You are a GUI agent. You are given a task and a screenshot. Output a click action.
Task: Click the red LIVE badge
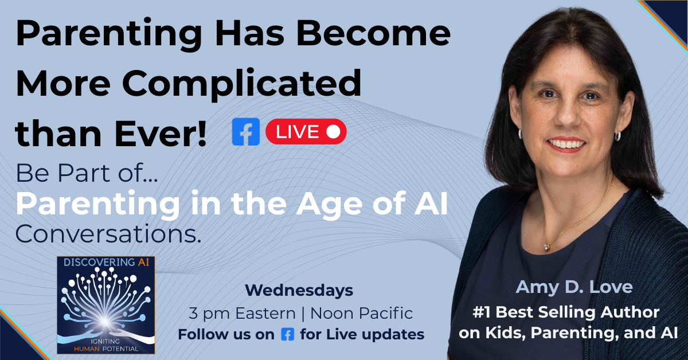point(306,132)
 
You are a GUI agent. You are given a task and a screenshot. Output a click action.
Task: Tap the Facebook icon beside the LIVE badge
point(246,132)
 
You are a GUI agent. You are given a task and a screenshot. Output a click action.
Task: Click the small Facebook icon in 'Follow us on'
point(287,334)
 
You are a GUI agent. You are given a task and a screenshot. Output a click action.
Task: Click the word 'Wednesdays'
point(299,291)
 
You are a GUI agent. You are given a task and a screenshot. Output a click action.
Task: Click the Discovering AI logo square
point(105,304)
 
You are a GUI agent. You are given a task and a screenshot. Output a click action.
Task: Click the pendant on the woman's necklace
point(546,246)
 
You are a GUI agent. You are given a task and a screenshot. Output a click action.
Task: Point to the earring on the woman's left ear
point(617,136)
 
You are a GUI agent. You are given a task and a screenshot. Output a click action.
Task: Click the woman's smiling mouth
point(568,144)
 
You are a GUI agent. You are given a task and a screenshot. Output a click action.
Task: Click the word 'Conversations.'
point(108,233)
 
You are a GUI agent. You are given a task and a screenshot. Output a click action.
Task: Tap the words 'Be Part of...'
point(86,173)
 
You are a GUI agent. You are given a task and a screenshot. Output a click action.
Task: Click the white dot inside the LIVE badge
point(333,132)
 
